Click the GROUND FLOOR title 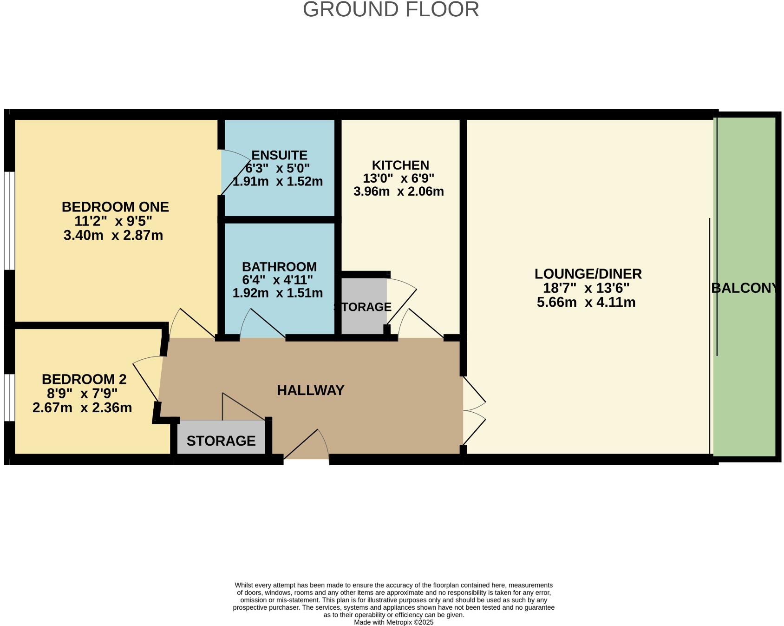pos(391,9)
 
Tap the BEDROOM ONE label pos(115,207)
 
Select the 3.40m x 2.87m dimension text pos(113,235)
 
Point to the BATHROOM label pos(279,267)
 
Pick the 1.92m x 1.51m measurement pos(278,293)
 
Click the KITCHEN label pos(400,165)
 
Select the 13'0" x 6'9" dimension pos(399,178)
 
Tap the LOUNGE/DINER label pos(588,274)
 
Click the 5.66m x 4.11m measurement pos(586,303)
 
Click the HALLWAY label pos(311,390)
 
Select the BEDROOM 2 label pos(84,380)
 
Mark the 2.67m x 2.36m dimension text pos(82,408)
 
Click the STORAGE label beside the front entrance pos(221,441)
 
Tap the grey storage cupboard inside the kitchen pos(364,306)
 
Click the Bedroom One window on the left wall pos(9,221)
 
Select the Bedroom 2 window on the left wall pos(9,397)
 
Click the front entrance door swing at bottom pos(307,445)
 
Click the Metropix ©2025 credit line pos(393,622)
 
